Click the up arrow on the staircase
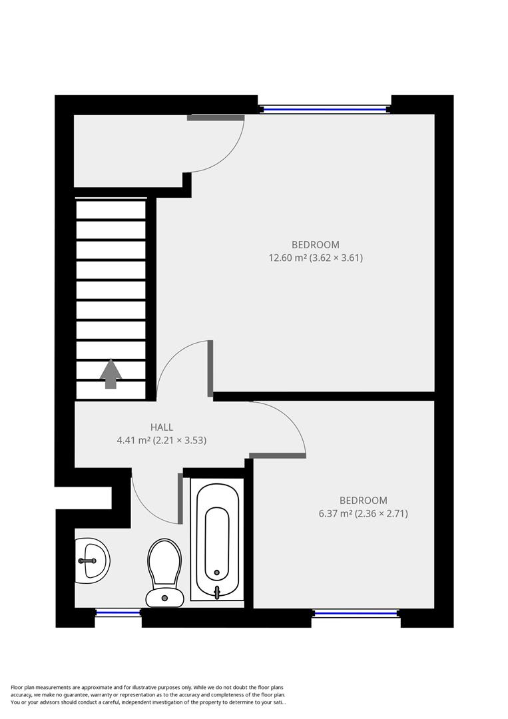[x=111, y=373]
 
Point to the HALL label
[x=161, y=427]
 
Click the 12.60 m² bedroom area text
[x=315, y=258]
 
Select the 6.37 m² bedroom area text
[x=363, y=513]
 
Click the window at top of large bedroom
[x=324, y=109]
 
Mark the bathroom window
[x=118, y=612]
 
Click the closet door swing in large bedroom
[x=220, y=143]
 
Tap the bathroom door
[x=156, y=499]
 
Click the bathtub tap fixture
[x=217, y=591]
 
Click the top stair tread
[x=111, y=210]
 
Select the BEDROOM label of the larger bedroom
[x=315, y=244]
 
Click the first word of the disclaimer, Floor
[x=19, y=687]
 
